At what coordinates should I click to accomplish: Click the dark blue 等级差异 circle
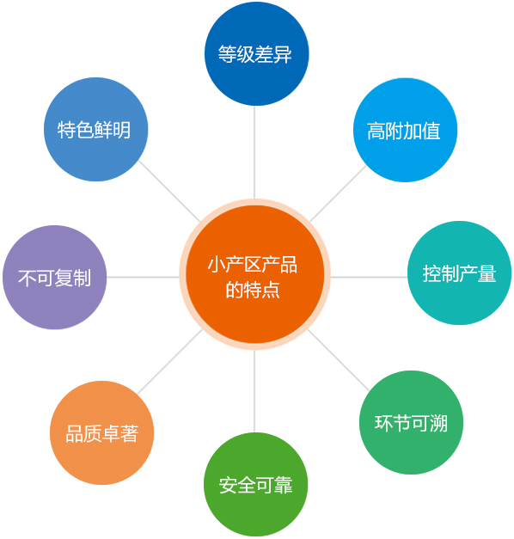pyautogui.click(x=256, y=53)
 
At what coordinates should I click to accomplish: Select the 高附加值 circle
pyautogui.click(x=405, y=130)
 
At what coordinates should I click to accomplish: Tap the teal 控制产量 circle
pyautogui.click(x=459, y=273)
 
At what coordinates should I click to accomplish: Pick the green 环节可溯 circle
pyautogui.click(x=411, y=422)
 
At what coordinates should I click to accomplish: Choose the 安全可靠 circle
pyautogui.click(x=256, y=484)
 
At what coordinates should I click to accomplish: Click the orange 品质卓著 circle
pyautogui.click(x=101, y=432)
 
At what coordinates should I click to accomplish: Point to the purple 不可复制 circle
pyautogui.click(x=55, y=278)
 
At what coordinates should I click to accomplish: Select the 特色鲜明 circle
pyautogui.click(x=96, y=129)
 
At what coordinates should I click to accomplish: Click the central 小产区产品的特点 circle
pyautogui.click(x=254, y=274)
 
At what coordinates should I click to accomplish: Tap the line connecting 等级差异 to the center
pyautogui.click(x=254, y=152)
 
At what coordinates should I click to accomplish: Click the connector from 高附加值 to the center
pyautogui.click(x=338, y=193)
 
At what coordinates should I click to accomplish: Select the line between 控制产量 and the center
pyautogui.click(x=369, y=277)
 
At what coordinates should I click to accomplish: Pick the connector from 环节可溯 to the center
pyautogui.click(x=339, y=360)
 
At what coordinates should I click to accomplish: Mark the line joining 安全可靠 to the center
pyautogui.click(x=254, y=391)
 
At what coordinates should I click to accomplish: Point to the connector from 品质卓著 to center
pyautogui.click(x=170, y=362)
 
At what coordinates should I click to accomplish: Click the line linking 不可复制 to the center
pyautogui.click(x=143, y=277)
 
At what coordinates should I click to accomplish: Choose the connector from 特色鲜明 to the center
pyautogui.click(x=169, y=191)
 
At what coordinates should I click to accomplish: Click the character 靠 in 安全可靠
pyautogui.click(x=284, y=485)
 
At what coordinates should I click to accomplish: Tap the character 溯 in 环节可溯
pyautogui.click(x=438, y=423)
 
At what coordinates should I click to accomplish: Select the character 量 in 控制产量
pyautogui.click(x=486, y=274)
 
